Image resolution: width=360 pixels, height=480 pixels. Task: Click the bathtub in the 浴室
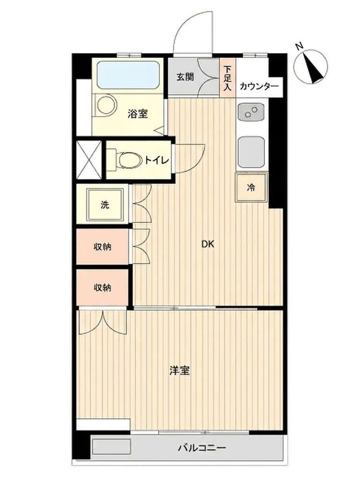(x=128, y=75)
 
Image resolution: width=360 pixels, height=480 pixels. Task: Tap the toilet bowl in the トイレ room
(x=127, y=160)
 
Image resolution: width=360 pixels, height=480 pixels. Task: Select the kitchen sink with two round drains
(x=251, y=113)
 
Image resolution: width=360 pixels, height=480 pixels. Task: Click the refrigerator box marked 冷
(x=252, y=187)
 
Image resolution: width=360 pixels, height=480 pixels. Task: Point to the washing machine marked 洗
(x=106, y=205)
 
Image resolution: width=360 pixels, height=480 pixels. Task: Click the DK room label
(x=207, y=244)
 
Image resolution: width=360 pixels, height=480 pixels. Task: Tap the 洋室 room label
(x=180, y=371)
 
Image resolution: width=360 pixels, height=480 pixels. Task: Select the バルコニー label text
(x=202, y=448)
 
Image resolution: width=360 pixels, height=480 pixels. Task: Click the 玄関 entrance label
(x=185, y=76)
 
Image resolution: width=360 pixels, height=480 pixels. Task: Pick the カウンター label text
(x=259, y=86)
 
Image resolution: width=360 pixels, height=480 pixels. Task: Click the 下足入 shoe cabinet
(x=228, y=78)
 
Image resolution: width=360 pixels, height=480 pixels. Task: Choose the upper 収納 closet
(x=102, y=246)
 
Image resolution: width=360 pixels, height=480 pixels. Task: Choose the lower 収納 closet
(x=102, y=288)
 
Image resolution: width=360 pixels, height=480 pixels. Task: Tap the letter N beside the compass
(x=299, y=47)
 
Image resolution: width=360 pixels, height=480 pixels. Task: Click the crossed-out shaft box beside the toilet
(x=89, y=159)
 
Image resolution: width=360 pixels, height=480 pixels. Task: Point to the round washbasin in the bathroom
(x=106, y=105)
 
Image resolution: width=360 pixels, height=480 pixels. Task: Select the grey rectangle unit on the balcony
(x=112, y=447)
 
